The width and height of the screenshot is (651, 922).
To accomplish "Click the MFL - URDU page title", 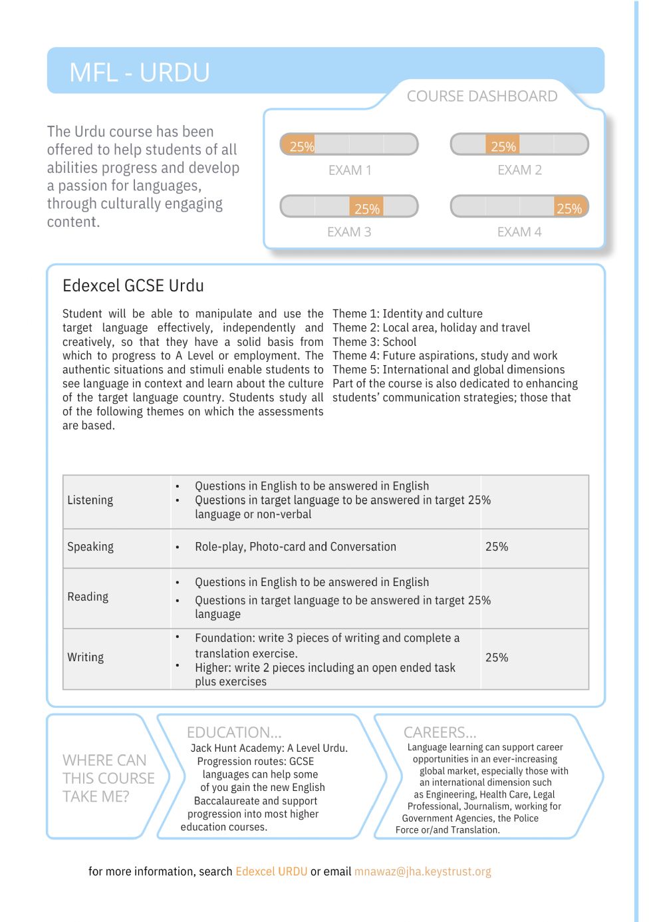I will (x=139, y=72).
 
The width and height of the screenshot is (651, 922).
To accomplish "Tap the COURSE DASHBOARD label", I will (x=481, y=96).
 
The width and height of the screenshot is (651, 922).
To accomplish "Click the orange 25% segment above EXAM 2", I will (x=503, y=145).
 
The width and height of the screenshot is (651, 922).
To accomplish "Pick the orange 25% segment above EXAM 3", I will (x=366, y=207).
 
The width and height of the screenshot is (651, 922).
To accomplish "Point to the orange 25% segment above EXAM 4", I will (x=570, y=207).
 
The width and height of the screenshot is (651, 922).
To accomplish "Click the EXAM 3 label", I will (x=349, y=232).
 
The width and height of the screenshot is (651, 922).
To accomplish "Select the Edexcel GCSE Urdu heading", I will (x=133, y=285).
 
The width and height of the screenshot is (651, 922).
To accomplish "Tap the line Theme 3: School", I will (x=374, y=342).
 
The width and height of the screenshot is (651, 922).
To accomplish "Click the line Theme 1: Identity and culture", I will (x=408, y=313).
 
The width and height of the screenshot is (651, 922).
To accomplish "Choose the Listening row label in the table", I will (x=90, y=500).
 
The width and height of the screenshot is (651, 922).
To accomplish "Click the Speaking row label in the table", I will (x=90, y=547).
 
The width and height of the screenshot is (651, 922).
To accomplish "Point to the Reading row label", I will (x=88, y=597).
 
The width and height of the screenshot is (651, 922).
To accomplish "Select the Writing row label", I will (x=85, y=657).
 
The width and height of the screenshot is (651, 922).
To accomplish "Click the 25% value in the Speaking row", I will (x=497, y=547).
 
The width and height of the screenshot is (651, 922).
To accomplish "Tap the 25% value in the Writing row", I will (x=497, y=657).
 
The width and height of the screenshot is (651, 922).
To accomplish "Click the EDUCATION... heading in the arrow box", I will (x=234, y=732).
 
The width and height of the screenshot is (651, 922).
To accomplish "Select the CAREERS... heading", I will (x=440, y=732).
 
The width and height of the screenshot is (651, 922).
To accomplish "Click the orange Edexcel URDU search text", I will (x=271, y=871).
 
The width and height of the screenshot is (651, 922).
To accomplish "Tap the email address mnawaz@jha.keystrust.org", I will (x=422, y=871).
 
